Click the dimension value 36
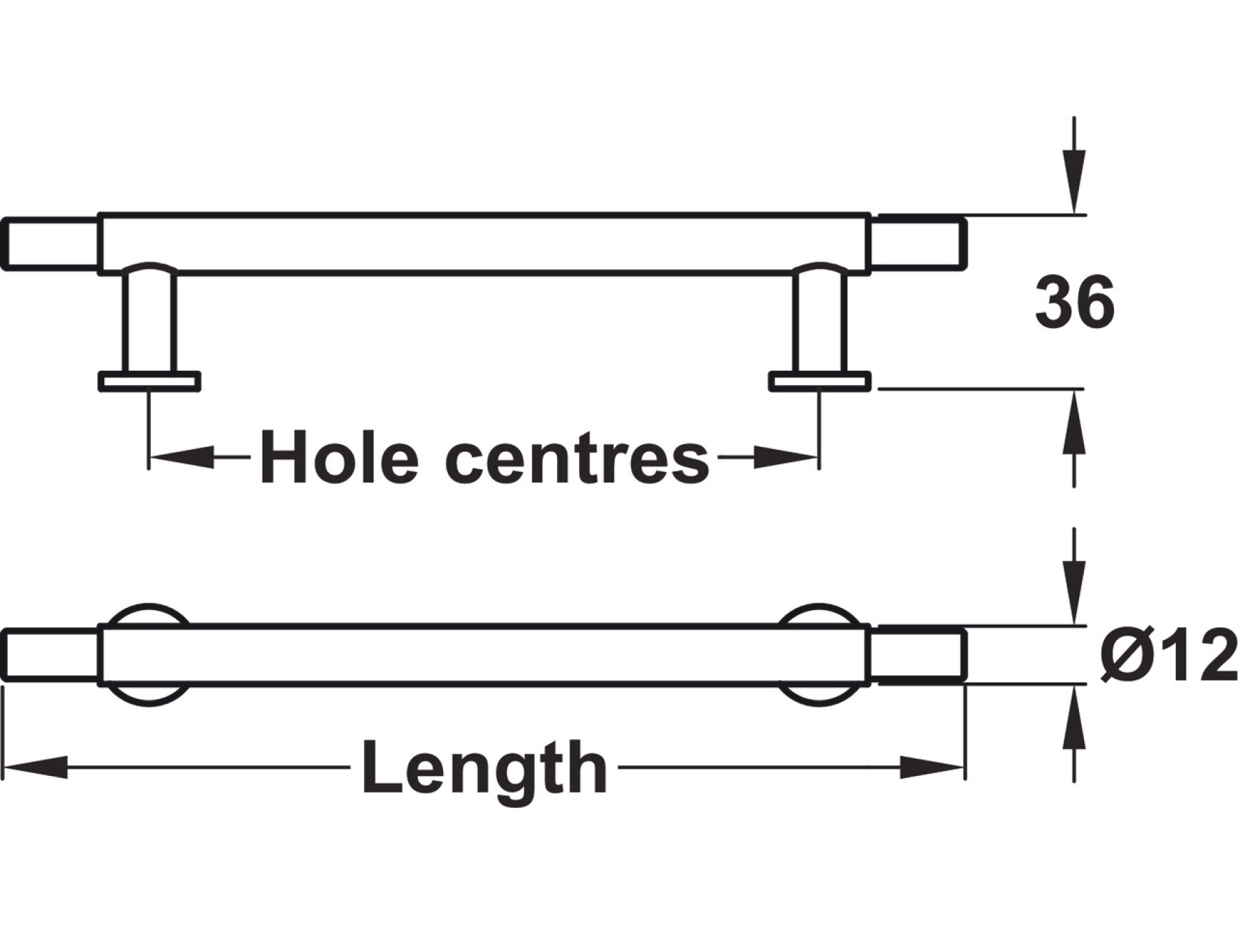tap(1074, 303)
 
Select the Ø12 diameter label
tap(1169, 656)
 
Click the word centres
tap(577, 459)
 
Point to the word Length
tap(484, 768)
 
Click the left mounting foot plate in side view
tap(149, 382)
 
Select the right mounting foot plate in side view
tap(819, 382)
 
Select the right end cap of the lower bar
tap(918, 655)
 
